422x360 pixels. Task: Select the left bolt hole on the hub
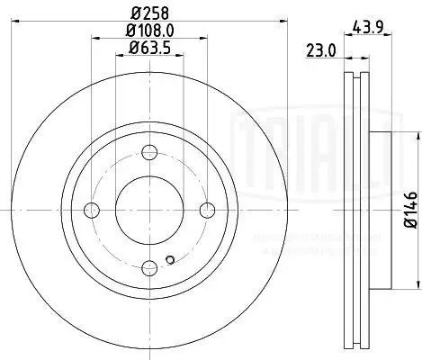tap(91, 210)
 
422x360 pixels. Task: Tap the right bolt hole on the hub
tap(208, 210)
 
